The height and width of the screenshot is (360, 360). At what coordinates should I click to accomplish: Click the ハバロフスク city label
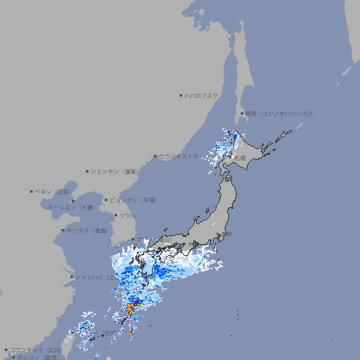tap(202, 95)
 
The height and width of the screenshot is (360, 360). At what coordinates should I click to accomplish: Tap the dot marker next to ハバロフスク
tap(181, 95)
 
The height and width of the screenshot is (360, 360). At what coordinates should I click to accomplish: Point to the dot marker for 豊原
tap(242, 113)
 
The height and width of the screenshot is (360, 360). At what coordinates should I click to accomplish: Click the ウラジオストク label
tap(179, 156)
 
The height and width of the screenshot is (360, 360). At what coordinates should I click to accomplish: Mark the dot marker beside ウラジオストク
tap(155, 156)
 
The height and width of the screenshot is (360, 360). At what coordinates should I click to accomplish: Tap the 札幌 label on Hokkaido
tap(240, 158)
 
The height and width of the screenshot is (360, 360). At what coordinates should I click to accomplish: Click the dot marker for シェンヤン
tap(87, 171)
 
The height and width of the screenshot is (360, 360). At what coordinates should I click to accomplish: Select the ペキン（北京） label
tap(54, 191)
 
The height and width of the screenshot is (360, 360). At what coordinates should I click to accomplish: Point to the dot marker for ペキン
tap(32, 191)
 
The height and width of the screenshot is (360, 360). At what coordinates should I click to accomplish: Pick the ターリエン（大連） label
tap(70, 207)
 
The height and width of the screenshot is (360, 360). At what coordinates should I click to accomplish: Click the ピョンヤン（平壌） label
tap(133, 200)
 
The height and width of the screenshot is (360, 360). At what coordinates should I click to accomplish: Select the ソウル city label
tap(127, 215)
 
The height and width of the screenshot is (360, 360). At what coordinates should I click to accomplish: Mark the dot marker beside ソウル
tap(115, 215)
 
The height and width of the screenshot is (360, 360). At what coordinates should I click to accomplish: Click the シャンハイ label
tap(91, 276)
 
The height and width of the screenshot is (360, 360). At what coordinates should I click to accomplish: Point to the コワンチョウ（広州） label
tap(36, 349)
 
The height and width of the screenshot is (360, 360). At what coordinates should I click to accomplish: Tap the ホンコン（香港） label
tap(38, 357)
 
